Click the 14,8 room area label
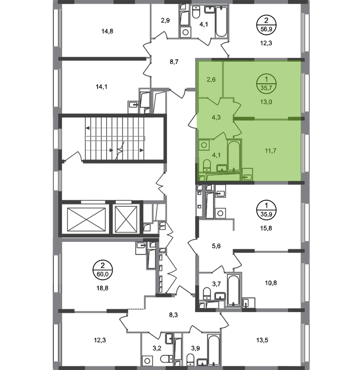[x=107, y=31]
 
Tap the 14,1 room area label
[x=101, y=87]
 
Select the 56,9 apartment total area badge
[x=266, y=25]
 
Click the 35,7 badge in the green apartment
[x=266, y=84]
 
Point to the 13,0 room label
[x=266, y=102]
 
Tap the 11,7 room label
[x=271, y=151]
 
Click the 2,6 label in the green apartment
[x=211, y=80]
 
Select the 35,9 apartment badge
[x=266, y=210]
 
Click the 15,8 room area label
[x=266, y=228]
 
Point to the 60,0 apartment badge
[x=102, y=270]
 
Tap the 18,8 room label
[x=102, y=288]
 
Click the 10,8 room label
[x=271, y=283]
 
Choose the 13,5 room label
[x=262, y=340]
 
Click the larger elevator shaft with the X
[x=87, y=219]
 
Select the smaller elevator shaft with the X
[x=126, y=219]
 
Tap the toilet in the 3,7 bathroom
[x=207, y=293]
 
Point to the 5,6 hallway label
[x=216, y=246]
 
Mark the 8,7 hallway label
[x=174, y=62]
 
